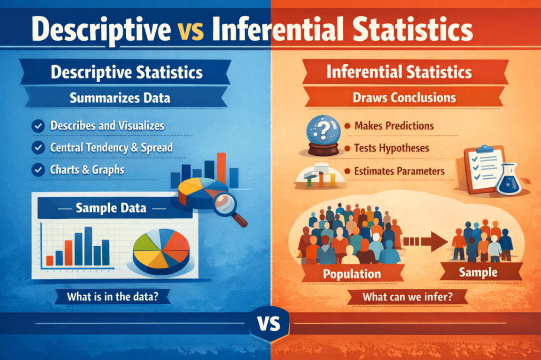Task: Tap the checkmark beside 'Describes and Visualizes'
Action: pos(38,126)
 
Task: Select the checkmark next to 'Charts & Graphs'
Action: pos(38,170)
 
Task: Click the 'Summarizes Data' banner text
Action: pos(120,98)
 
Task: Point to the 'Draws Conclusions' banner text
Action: pos(404,97)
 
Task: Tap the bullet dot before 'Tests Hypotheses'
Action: pos(347,148)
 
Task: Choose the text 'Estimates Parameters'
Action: pos(399,171)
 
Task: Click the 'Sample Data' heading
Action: pos(111,208)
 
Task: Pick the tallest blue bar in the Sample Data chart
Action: pos(88,246)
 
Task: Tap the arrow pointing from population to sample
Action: pos(425,242)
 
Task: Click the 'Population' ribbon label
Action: pos(352,274)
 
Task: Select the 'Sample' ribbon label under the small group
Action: pos(478,272)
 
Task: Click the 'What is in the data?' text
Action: pos(113,296)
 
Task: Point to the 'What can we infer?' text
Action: pos(407,297)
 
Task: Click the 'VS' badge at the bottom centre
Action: pos(269,324)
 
